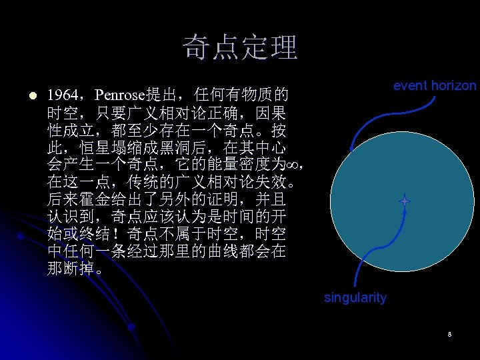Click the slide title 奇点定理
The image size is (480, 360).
(x=240, y=47)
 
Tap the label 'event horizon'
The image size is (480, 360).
(x=435, y=85)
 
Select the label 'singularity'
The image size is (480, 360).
(x=355, y=298)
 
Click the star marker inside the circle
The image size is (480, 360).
(x=404, y=201)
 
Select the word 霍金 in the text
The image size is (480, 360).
(x=90, y=199)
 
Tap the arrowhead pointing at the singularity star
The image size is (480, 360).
(x=404, y=209)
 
